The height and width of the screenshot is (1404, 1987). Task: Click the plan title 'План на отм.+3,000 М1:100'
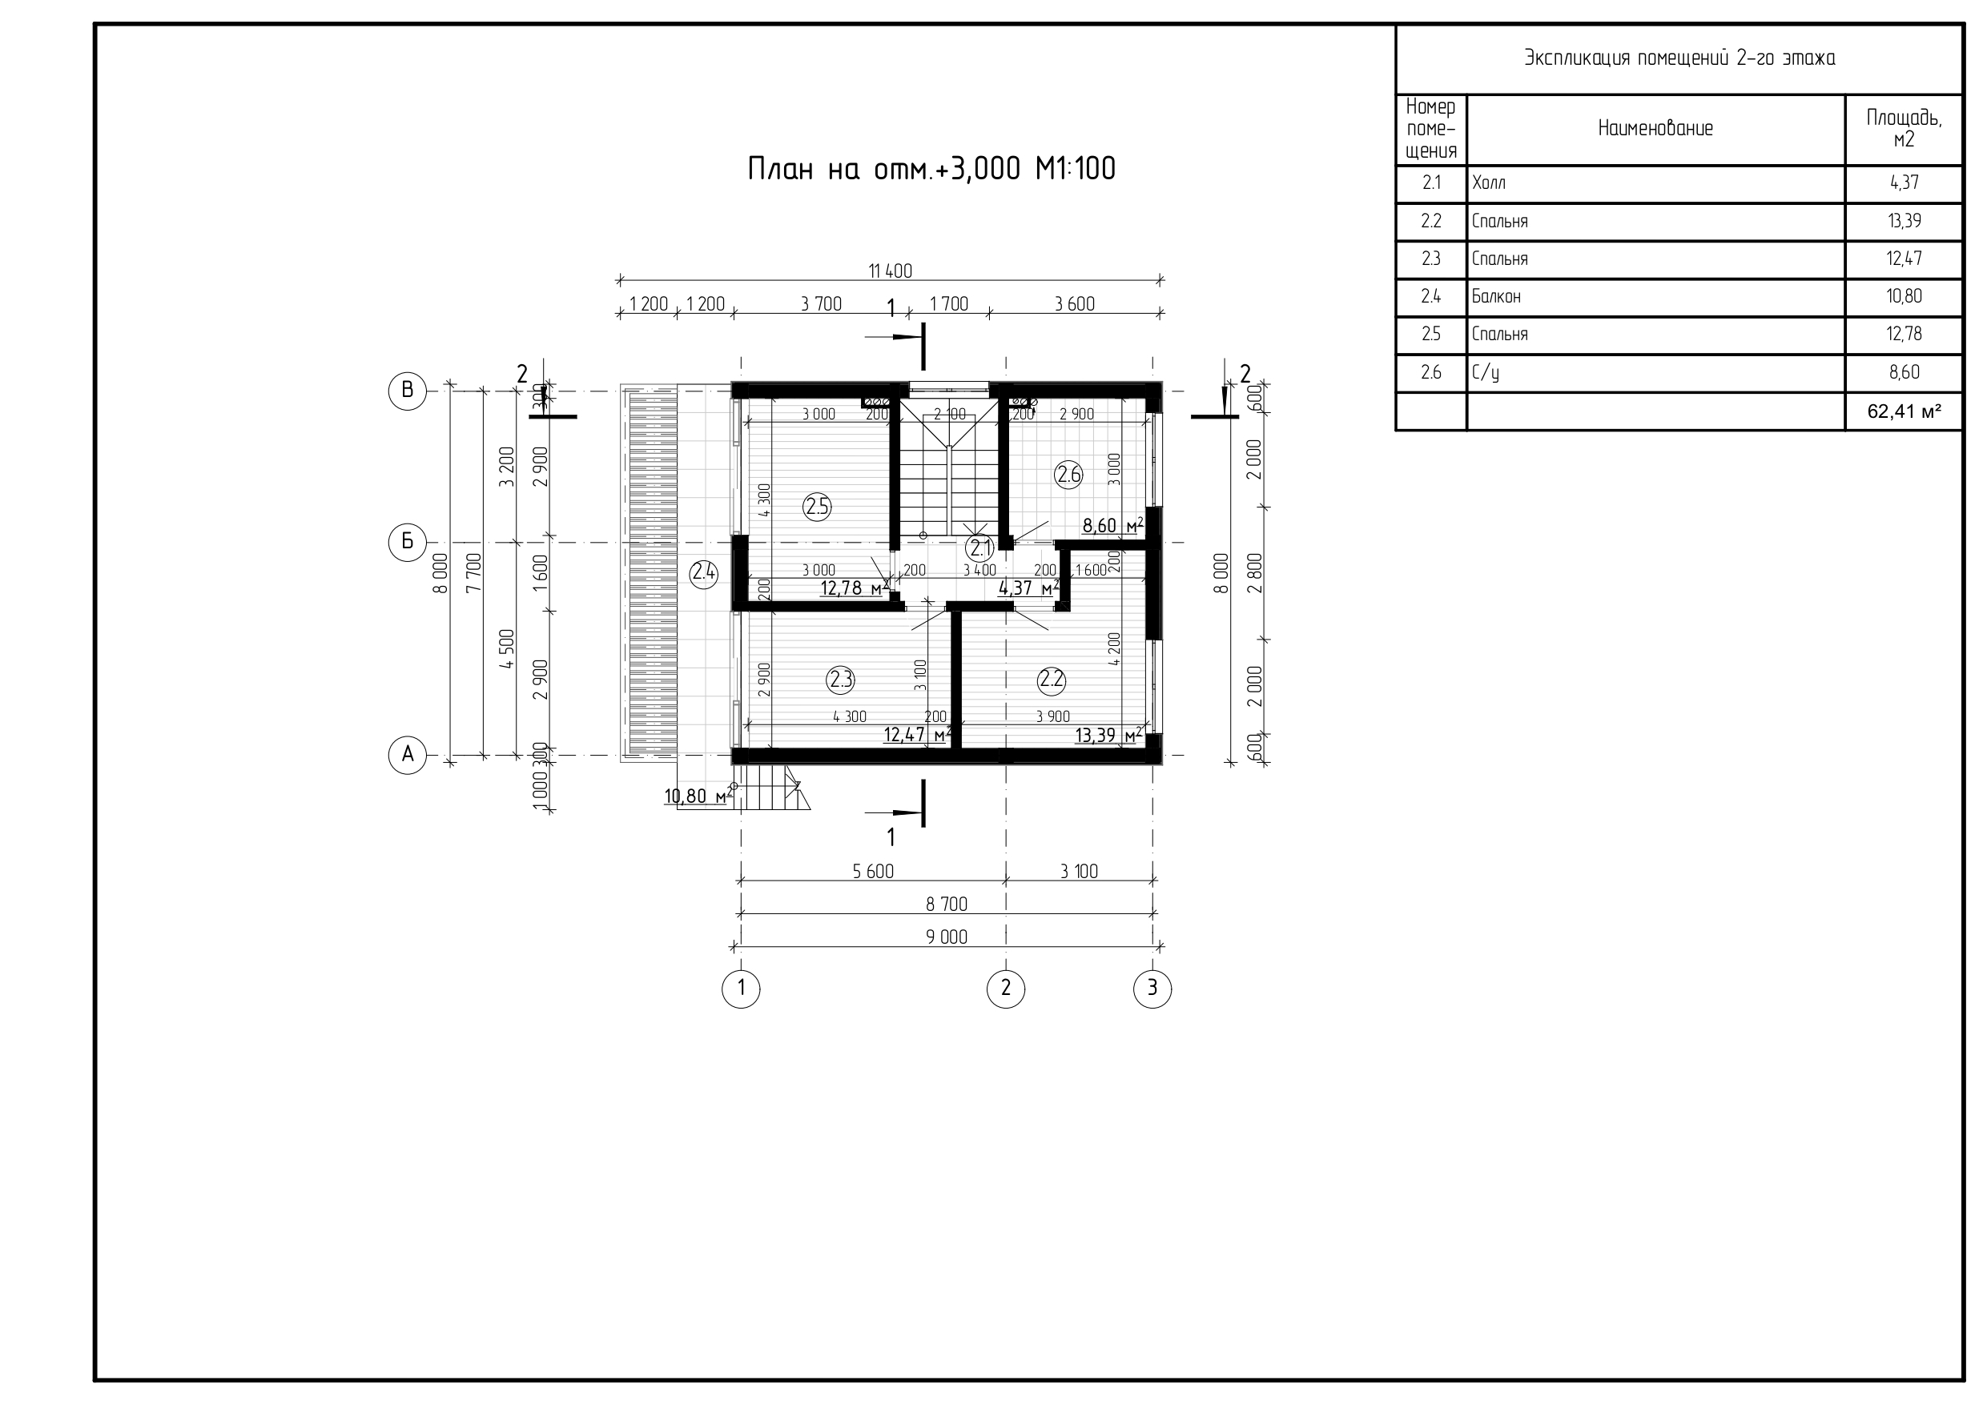coord(931,169)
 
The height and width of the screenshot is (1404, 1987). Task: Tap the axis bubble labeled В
coord(407,390)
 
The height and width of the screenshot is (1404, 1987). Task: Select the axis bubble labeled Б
coord(407,543)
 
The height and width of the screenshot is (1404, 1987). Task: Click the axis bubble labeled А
coord(407,754)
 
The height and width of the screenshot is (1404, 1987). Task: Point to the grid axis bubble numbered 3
coord(1152,989)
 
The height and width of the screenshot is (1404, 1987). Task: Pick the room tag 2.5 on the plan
coord(817,507)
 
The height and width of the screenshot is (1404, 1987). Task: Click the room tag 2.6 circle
coord(1069,474)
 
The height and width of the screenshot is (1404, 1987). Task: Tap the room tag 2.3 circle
coord(840,680)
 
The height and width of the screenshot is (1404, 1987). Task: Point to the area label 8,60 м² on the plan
coord(1113,525)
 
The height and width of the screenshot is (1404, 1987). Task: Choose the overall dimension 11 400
coord(891,271)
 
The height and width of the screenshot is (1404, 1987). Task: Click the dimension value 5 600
coord(873,871)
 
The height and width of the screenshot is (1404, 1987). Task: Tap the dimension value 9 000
coord(947,937)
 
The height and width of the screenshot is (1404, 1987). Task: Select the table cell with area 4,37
coord(1904,183)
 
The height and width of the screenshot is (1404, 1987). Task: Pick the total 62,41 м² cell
coord(1903,411)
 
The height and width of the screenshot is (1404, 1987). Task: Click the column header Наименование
coord(1655,129)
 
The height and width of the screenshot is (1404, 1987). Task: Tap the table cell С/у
coord(1485,373)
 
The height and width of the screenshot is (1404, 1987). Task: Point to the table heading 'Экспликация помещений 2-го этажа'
coord(1679,58)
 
